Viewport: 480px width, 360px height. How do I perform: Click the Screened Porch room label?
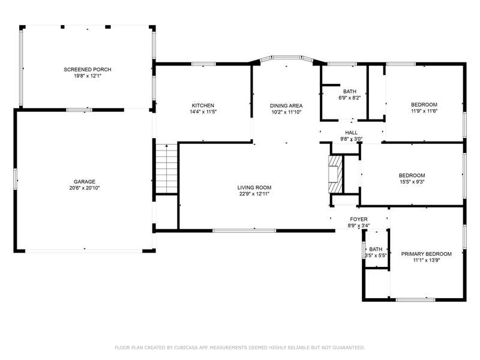tap(87, 70)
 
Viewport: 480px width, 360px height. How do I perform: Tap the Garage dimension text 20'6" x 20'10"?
tap(85, 188)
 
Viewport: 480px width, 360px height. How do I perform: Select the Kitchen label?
tap(203, 106)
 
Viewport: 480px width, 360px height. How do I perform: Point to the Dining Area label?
tap(286, 106)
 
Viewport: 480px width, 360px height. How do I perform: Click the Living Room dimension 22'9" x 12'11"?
tap(254, 194)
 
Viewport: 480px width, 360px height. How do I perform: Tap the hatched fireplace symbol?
tap(335, 175)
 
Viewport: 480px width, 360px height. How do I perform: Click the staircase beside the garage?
tap(167, 169)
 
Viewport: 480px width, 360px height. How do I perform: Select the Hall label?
tap(351, 133)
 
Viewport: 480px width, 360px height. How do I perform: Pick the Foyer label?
tap(359, 219)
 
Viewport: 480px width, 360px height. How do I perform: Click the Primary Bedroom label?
tap(427, 254)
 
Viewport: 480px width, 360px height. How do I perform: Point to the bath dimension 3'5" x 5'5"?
tap(376, 256)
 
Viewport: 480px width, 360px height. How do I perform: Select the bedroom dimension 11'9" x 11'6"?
tap(424, 111)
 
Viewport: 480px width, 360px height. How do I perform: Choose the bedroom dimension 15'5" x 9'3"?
tap(412, 182)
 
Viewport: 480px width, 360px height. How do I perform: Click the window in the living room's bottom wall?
tap(245, 230)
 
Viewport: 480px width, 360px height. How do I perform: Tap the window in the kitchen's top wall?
tap(203, 64)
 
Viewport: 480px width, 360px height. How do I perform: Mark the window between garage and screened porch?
tap(79, 110)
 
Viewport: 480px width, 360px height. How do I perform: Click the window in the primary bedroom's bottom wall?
tap(415, 299)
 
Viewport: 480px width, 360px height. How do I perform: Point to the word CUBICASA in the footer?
tap(186, 347)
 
